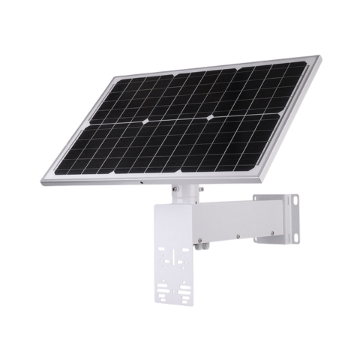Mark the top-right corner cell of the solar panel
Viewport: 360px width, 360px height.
[294, 70]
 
